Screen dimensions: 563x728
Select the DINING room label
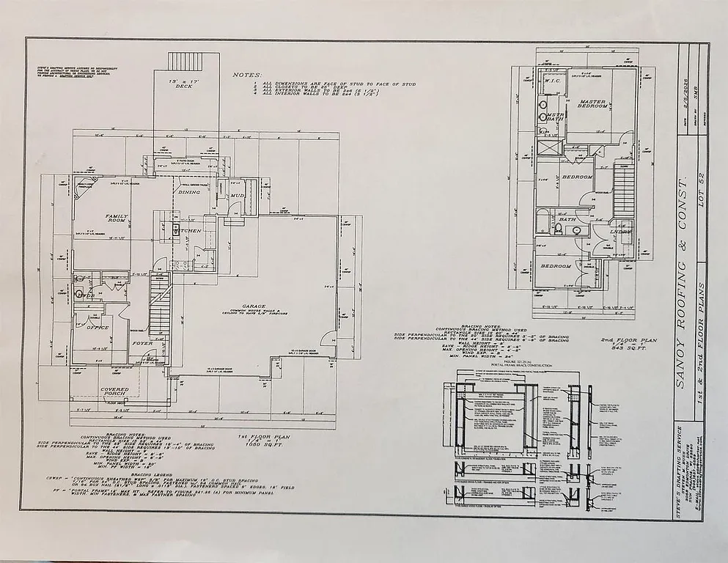pyautogui.click(x=189, y=192)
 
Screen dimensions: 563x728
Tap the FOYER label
pyautogui.click(x=141, y=343)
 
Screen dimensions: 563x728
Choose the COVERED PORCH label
pyautogui.click(x=114, y=393)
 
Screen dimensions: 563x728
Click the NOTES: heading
pyautogui.click(x=246, y=75)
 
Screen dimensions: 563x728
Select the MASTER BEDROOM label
pyautogui.click(x=593, y=104)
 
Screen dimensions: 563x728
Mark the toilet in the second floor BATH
pyautogui.click(x=558, y=229)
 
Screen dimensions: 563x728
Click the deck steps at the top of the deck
pyautogui.click(x=184, y=61)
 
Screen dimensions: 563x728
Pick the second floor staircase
pyautogui.click(x=623, y=192)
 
